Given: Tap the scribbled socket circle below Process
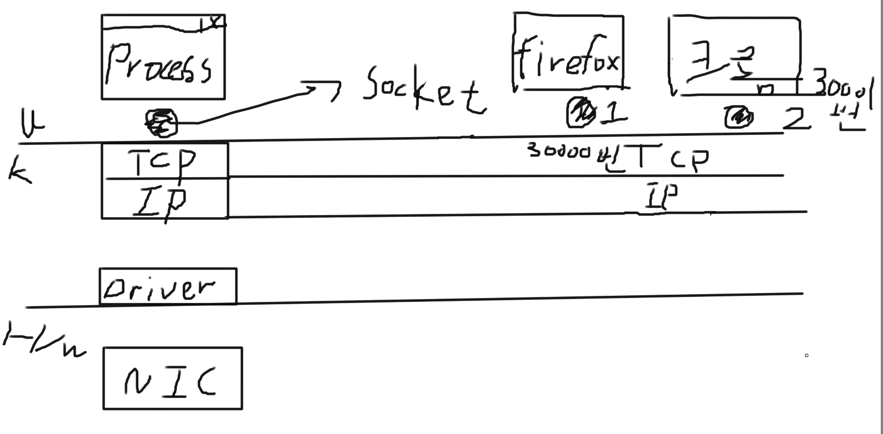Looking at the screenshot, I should click(x=161, y=123).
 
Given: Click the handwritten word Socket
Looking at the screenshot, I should click(x=424, y=91).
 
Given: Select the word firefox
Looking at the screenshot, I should click(x=568, y=58).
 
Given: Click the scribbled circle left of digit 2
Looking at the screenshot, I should click(x=739, y=118).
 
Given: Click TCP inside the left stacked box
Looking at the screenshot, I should click(x=163, y=162).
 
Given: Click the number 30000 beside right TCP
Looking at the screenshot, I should click(x=559, y=150).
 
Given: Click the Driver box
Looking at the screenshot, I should click(x=168, y=287).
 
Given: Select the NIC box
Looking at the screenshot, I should click(x=173, y=379).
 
